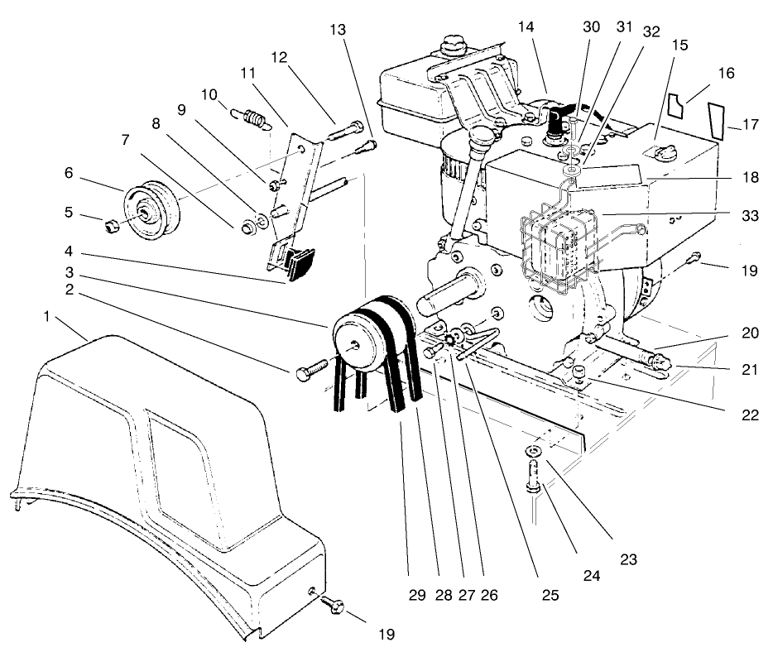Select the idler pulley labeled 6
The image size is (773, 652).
(x=151, y=212)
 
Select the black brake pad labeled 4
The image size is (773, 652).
(x=297, y=263)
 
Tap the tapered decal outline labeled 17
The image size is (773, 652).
(x=716, y=119)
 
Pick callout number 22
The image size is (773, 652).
(x=750, y=415)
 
